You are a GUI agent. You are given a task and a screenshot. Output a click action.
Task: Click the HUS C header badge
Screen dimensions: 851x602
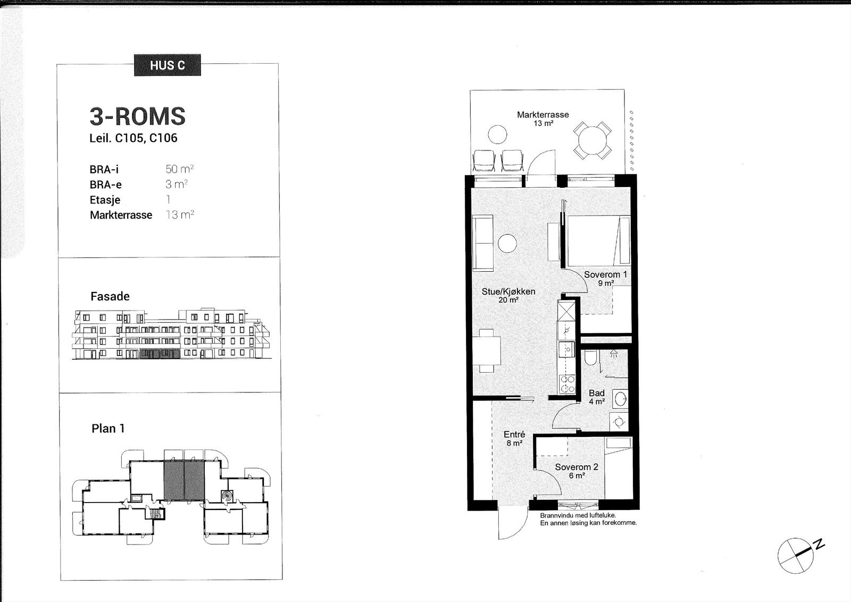point(168,65)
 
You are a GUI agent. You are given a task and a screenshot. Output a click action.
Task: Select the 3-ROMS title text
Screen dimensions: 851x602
point(138,116)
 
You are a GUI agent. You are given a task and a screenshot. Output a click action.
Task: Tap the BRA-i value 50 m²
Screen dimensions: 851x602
point(180,169)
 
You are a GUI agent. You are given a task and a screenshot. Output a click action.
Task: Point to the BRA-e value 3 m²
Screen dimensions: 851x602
point(177,184)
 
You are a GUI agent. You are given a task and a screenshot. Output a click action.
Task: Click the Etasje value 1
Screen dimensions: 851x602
point(168,199)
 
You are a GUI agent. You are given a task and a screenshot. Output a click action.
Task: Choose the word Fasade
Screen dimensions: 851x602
point(110,296)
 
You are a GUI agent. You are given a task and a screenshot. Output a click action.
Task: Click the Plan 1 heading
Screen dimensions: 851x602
point(108,429)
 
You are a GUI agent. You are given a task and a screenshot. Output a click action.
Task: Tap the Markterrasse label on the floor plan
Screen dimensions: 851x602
point(543,114)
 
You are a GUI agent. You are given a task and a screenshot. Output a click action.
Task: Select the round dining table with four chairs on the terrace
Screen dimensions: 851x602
point(593,140)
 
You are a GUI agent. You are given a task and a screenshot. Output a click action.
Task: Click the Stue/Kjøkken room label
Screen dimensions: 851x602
point(508,291)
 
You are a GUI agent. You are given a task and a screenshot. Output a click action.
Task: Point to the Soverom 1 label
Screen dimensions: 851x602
point(606,274)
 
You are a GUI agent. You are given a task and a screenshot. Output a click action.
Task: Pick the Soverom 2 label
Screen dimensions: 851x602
point(577,467)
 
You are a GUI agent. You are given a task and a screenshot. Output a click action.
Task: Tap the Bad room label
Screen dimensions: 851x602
point(597,393)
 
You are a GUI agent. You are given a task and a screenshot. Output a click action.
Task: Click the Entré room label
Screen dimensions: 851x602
point(514,434)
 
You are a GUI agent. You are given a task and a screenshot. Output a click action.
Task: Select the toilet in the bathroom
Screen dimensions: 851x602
point(590,357)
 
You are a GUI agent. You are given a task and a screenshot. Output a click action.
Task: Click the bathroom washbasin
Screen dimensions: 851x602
point(620,399)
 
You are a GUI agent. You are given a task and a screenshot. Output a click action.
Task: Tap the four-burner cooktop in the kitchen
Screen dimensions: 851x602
point(567,383)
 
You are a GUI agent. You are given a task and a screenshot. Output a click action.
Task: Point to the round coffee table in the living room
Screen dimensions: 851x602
point(507,244)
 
